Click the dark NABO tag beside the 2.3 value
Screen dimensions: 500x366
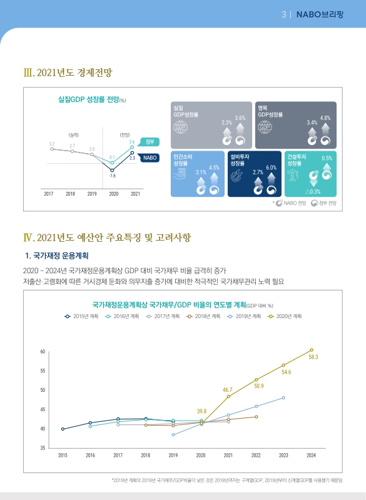coord(150,158)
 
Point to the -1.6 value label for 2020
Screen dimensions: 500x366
coord(112,176)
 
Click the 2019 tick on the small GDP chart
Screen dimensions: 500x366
coord(91,194)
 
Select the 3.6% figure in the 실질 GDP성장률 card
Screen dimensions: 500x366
coord(240,118)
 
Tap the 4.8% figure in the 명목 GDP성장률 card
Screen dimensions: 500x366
coord(325,118)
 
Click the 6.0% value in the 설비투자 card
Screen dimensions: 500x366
coord(271,167)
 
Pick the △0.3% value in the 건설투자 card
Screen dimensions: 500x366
coord(313,191)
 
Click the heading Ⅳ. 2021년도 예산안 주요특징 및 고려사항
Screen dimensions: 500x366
coord(106,237)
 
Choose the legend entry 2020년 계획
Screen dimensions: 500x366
coord(288,316)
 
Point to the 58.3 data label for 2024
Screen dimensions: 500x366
coord(313,357)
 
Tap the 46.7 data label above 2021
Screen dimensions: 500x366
coord(228,389)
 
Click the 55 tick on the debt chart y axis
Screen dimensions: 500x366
coord(43,371)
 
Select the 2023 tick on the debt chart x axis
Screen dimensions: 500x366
coord(283,455)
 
